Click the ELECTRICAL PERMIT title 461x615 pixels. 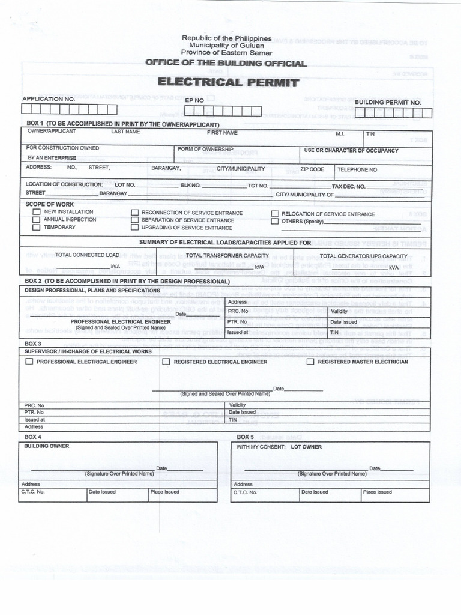228,82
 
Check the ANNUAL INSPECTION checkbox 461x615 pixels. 37,220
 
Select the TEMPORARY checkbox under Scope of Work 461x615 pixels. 37,228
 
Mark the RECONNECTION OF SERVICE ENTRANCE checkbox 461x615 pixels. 135,213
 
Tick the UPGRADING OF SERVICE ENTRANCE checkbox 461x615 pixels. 135,228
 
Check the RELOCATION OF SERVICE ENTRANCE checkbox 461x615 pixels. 275,214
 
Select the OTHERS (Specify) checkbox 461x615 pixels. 275,222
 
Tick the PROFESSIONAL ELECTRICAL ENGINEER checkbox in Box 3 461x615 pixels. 29,362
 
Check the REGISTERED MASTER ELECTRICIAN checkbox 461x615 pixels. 310,362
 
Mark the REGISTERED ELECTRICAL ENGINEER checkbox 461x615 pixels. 166,362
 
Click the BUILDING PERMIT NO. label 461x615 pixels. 388,103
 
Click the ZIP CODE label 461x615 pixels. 312,169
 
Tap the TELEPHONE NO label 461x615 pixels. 357,170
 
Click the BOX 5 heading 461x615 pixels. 245,437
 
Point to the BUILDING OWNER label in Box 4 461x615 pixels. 46,446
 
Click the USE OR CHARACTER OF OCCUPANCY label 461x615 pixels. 351,151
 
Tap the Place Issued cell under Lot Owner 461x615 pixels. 378,492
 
